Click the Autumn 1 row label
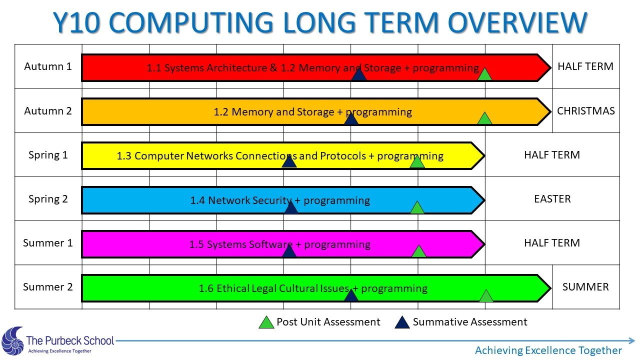[x=47, y=66]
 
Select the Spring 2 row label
[x=48, y=199]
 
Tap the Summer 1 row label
[x=47, y=243]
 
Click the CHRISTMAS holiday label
[x=585, y=111]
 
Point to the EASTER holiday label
[x=552, y=199]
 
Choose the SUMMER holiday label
[x=585, y=287]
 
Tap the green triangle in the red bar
[x=484, y=74]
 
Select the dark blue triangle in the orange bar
[x=351, y=118]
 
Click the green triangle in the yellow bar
[x=417, y=162]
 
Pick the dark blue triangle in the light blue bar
[x=291, y=207]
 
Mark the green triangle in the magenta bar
[x=419, y=251]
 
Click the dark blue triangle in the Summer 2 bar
[x=351, y=295]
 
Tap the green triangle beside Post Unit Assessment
[x=266, y=322]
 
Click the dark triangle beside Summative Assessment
[x=402, y=322]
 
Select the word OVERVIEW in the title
[x=517, y=22]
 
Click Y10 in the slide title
[x=76, y=22]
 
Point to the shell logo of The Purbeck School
[x=12, y=341]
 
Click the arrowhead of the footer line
[x=631, y=340]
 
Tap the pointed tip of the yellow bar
[x=484, y=156]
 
